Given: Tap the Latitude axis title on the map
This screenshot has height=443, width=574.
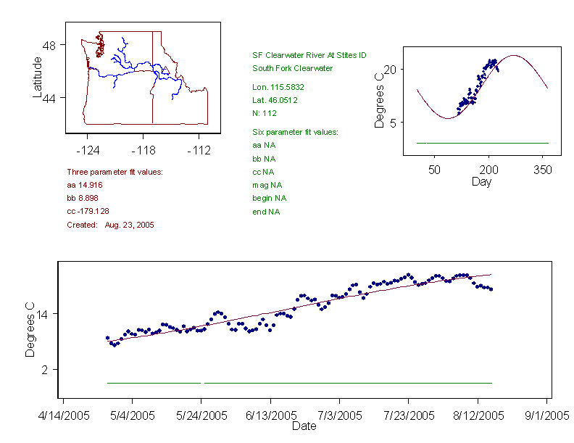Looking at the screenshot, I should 38,77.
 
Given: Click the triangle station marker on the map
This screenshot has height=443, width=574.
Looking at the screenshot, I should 166,70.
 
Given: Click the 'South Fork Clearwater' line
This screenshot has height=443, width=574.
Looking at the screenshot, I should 292,68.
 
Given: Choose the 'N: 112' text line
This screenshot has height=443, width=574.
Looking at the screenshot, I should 265,113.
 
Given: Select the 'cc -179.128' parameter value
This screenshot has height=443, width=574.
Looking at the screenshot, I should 87,211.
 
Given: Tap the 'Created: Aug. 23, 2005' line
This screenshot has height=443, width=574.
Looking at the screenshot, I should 110,225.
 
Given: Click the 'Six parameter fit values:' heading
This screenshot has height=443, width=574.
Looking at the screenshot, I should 295,132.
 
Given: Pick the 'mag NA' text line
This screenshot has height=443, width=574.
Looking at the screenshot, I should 265,185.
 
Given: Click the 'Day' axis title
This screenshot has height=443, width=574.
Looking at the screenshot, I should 481,181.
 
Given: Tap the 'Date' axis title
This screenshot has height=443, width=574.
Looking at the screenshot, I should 304,426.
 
